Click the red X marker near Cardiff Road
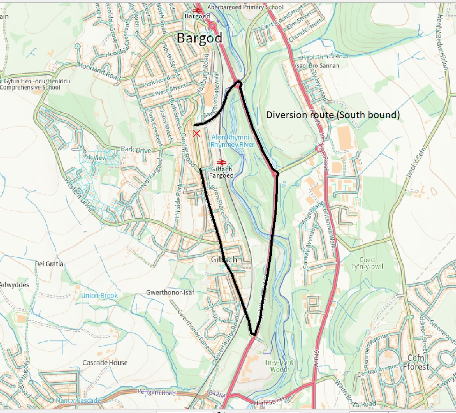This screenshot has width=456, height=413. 196,133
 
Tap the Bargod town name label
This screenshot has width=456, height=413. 199,38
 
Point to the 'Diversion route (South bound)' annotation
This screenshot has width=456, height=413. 332,115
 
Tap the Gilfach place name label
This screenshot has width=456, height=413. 224,260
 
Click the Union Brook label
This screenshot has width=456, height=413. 100,296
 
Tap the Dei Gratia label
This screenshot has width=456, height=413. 49,264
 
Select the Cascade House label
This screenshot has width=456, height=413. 105,362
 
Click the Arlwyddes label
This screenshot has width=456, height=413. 14,285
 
